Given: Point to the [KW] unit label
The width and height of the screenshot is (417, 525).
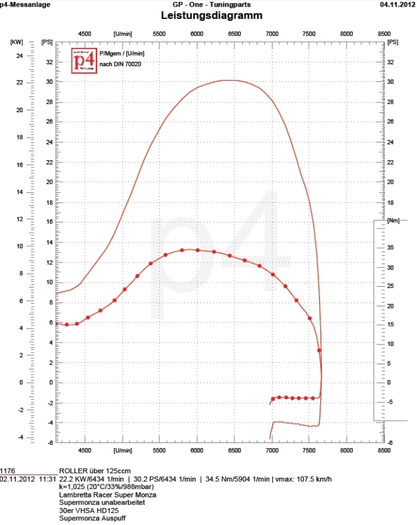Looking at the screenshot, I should (17, 42).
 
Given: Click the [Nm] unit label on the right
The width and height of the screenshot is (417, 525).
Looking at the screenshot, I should (393, 220).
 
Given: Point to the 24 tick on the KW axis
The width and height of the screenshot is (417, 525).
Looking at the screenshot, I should (20, 56).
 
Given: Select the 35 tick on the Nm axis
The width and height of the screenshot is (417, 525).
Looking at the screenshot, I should (390, 247).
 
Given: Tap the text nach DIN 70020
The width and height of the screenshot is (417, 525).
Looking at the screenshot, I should (120, 64).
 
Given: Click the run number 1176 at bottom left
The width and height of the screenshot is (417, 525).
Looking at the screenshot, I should (7, 471).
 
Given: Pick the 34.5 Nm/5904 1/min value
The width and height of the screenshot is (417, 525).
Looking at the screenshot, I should (236, 479).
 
